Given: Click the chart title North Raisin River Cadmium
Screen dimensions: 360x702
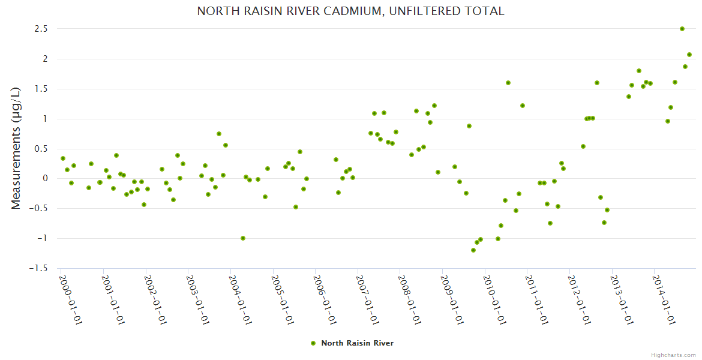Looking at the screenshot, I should coord(350,11).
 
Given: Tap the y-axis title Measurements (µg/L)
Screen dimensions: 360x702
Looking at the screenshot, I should coord(16,148).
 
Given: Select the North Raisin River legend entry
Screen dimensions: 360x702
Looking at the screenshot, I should coord(352,343).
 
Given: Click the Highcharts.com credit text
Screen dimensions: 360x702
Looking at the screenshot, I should coord(673,355).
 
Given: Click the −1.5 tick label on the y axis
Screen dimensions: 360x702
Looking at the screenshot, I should coord(40,268).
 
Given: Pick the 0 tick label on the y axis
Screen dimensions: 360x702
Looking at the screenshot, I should coord(45,179).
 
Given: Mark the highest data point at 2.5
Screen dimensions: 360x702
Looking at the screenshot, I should coord(682,29).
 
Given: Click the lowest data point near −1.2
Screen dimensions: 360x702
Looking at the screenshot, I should coord(473,250).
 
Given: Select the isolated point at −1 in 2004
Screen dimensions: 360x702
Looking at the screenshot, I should coord(243,238).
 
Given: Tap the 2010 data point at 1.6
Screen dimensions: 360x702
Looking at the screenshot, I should coord(508,83).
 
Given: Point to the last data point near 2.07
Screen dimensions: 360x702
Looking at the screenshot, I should coord(689,55).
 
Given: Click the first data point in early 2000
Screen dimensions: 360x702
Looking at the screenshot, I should coord(63,158).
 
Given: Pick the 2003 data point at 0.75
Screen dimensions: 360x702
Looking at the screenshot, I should coord(219,134).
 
